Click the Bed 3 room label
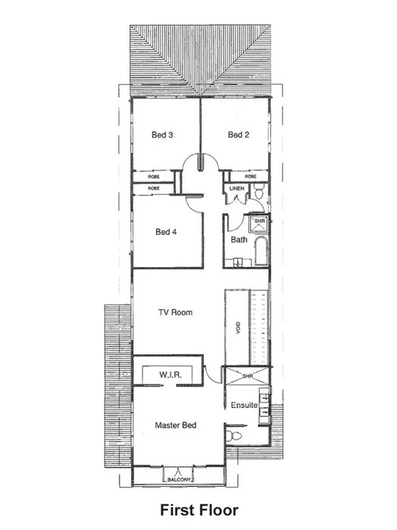163,135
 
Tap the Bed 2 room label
239,135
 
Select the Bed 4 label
166,232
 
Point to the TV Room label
175,312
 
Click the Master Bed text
176,425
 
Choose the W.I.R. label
168,375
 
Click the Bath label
239,240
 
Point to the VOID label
239,328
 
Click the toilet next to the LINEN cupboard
259,195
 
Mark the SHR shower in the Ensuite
246,375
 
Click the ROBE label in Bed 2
251,177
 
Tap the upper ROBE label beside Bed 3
154,177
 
